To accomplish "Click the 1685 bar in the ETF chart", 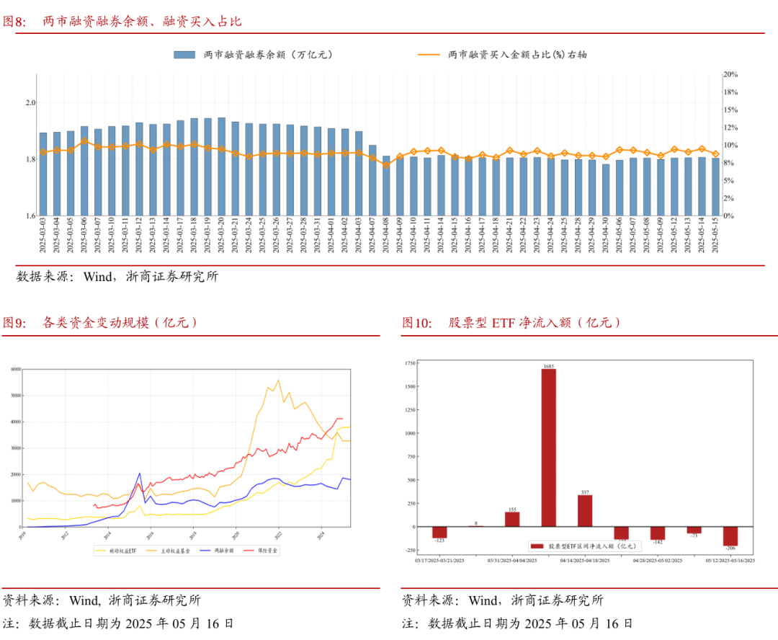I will pyautogui.click(x=548, y=447).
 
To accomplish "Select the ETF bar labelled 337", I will pyautogui.click(x=585, y=510).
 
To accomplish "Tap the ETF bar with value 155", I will pyautogui.click(x=512, y=519).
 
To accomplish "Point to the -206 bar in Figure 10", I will pyautogui.click(x=730, y=536).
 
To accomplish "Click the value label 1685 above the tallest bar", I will pyautogui.click(x=548, y=366).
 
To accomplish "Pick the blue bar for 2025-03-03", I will pyautogui.click(x=43, y=174).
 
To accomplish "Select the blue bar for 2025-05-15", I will pyautogui.click(x=715, y=187).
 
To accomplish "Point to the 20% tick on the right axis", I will pyautogui.click(x=730, y=74).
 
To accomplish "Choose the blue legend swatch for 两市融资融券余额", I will pyautogui.click(x=184, y=54).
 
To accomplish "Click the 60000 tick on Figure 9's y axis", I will pyautogui.click(x=15, y=369).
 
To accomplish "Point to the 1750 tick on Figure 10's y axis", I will pyautogui.click(x=409, y=363).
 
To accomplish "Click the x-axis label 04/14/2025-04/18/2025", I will pyautogui.click(x=585, y=560).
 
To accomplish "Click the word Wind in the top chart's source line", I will pyautogui.click(x=98, y=276).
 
